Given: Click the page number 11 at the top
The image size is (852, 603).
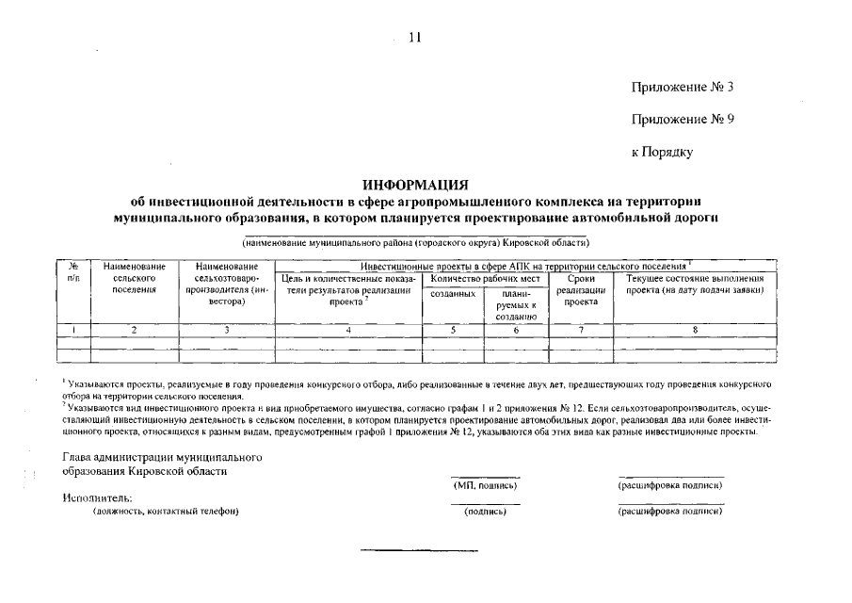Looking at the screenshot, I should [x=415, y=37].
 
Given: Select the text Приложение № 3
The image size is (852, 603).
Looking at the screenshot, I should [x=682, y=87].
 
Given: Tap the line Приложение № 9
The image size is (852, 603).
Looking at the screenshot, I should [x=682, y=120].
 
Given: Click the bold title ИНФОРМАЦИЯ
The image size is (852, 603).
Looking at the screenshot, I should [x=415, y=184].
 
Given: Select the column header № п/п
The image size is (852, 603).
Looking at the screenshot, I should [x=73, y=273].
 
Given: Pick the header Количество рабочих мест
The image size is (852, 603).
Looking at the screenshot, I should [x=484, y=279].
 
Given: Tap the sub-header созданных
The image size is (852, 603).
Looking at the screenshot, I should [x=452, y=295].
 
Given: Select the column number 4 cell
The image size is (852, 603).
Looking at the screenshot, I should [x=348, y=330].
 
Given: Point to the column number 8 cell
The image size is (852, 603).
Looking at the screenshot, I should [x=695, y=330].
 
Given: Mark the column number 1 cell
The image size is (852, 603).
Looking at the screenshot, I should [x=73, y=330].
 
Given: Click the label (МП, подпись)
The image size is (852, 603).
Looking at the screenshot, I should [x=485, y=485].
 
